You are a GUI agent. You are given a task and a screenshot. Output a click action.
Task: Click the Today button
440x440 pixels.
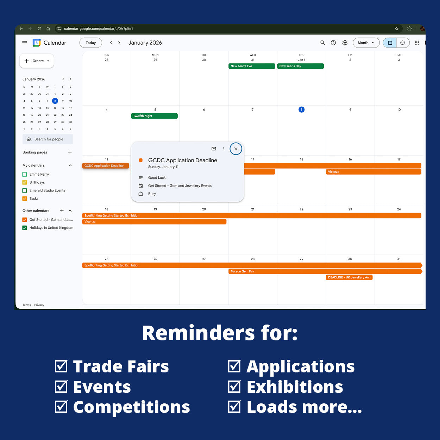[x=90, y=43]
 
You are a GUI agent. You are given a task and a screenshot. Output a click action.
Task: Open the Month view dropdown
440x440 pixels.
[x=366, y=43]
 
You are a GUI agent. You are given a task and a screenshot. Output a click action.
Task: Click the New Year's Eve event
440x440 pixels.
[x=251, y=66]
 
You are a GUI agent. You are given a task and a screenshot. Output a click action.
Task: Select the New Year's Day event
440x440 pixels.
[x=300, y=66]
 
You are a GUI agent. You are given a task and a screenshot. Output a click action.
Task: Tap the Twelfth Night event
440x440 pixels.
[x=154, y=116]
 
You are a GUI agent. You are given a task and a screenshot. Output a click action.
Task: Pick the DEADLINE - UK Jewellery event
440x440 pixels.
[x=349, y=277]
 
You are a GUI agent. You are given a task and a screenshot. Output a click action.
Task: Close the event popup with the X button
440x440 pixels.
[x=236, y=149]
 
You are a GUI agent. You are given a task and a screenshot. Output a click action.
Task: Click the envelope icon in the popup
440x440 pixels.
[x=214, y=149]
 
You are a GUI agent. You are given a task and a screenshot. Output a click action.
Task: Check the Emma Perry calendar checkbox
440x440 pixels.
[x=25, y=174]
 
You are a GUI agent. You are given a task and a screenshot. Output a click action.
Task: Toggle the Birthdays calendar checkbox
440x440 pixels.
[x=25, y=182]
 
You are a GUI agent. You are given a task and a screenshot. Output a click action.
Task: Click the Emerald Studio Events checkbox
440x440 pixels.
[x=25, y=190]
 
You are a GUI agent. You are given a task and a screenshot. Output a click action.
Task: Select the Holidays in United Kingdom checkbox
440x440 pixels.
[x=25, y=228]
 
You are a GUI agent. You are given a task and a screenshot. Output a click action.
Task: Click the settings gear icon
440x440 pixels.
[x=345, y=43]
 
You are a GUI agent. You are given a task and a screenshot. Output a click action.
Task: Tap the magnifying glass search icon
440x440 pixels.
[x=322, y=43]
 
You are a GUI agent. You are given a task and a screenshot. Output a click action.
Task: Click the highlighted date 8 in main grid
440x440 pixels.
[x=301, y=110]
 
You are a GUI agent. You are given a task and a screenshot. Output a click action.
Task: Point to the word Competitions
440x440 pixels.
[x=131, y=407]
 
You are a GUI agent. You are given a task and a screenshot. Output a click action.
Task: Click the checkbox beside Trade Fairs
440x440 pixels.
[x=61, y=366]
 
